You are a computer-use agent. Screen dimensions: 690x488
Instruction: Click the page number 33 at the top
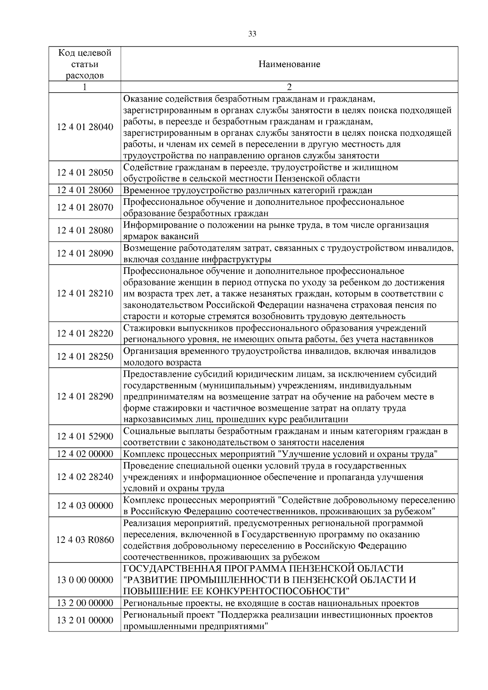tap(252, 34)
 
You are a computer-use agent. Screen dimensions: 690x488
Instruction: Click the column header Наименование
tap(289, 64)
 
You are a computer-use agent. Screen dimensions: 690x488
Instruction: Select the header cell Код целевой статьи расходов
tap(85, 64)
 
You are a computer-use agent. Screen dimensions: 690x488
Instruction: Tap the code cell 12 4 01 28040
tap(85, 127)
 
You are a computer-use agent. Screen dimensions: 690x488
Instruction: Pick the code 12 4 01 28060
tap(85, 190)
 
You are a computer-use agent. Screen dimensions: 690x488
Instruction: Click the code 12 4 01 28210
tap(85, 293)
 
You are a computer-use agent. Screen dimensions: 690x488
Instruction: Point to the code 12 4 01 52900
tap(85, 436)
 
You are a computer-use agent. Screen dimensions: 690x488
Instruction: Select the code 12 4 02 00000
tap(85, 454)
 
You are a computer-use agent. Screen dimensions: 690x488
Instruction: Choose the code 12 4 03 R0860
tap(85, 540)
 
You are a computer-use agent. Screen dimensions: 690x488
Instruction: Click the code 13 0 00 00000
tap(85, 580)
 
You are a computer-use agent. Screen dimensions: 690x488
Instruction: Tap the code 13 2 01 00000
tap(85, 620)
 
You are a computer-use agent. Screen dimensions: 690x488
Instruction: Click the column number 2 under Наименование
tap(289, 87)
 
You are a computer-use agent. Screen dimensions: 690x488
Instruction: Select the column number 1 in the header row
tap(85, 87)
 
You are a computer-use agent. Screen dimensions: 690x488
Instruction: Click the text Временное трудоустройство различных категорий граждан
tap(248, 190)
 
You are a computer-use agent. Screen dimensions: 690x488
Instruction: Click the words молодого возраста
tap(162, 362)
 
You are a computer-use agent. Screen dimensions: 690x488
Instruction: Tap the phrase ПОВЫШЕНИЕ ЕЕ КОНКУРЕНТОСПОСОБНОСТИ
tap(237, 591)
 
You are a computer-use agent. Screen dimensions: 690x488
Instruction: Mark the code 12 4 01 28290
tap(85, 396)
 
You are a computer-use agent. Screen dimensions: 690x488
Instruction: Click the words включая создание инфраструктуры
tap(197, 259)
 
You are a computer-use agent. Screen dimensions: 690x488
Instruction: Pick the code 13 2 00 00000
tap(85, 603)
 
